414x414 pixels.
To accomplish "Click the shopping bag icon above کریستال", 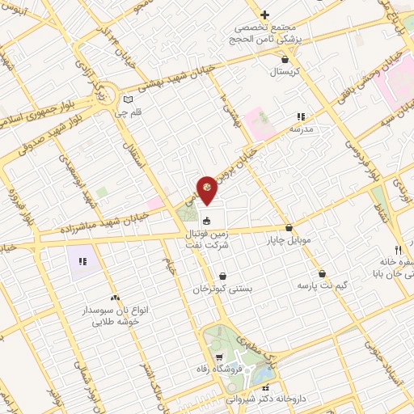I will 285,59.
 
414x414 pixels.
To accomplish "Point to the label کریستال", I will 285,71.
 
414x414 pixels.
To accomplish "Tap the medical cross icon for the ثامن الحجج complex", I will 264,14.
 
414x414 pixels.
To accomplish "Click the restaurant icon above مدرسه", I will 302,116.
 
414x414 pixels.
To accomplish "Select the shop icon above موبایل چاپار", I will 289,228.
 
